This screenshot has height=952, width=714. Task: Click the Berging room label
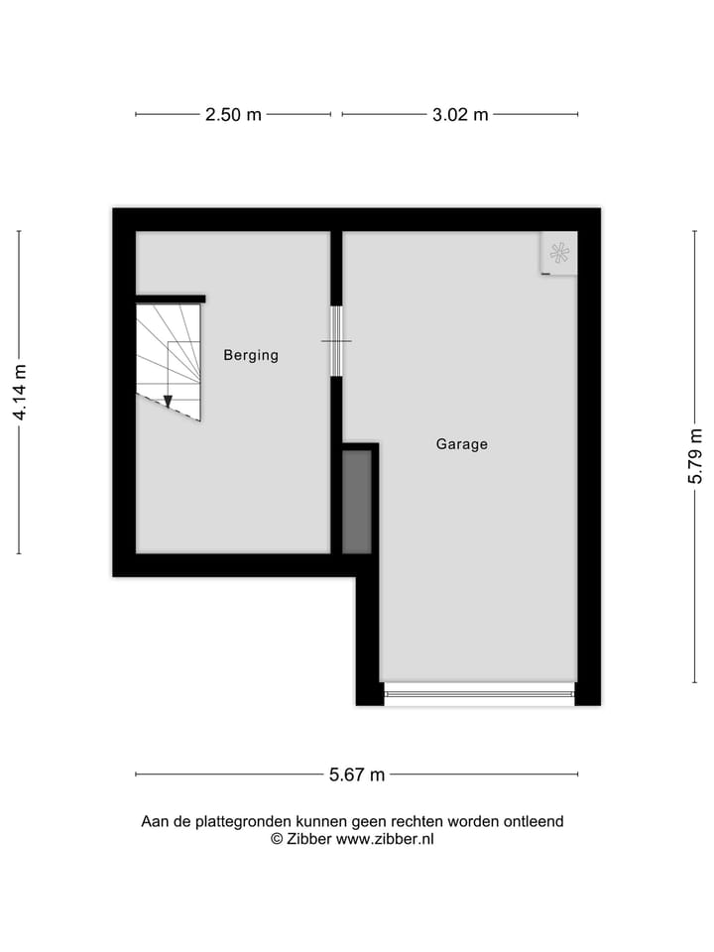coord(251,355)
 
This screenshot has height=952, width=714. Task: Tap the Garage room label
coord(462,444)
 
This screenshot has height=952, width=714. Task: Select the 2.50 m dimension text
coord(233,114)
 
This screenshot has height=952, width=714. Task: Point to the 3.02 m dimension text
coord(460,114)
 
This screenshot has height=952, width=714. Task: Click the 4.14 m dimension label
coord(20,393)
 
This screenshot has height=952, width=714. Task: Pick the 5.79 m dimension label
coord(695,456)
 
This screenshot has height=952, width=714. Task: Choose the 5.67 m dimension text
coord(357,775)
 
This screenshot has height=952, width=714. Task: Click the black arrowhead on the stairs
coord(168,401)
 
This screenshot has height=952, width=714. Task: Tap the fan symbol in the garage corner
coord(559,253)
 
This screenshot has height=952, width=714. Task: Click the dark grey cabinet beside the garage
coord(356,502)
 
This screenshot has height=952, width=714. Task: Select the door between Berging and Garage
coord(336,341)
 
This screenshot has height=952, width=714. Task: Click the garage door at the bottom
coord(479,693)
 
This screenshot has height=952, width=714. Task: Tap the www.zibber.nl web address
coord(385,839)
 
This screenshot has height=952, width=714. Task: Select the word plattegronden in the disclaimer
coord(230,821)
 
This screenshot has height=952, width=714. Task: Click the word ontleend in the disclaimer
coord(533,821)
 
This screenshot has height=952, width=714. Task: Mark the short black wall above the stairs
coord(171,298)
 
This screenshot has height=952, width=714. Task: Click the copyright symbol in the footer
coord(278,839)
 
